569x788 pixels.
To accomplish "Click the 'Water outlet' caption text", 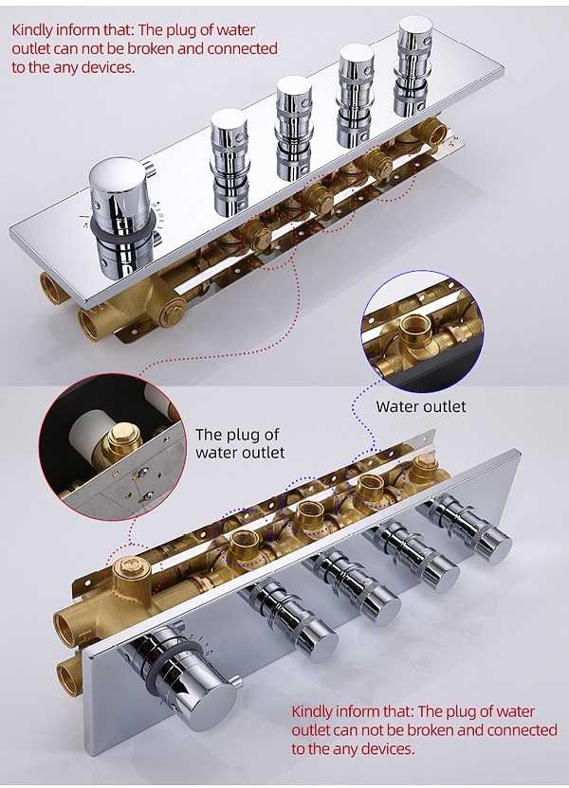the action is pyautogui.click(x=421, y=406).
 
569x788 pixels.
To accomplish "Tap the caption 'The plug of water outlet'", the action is pyautogui.click(x=240, y=442).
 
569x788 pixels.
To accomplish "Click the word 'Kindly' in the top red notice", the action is pyautogui.click(x=31, y=29).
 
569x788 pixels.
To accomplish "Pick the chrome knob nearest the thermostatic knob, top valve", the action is pyautogui.click(x=229, y=160).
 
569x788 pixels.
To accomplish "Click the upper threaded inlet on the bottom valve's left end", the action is pyautogui.click(x=66, y=627).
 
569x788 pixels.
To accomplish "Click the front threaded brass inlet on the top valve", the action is pyautogui.click(x=92, y=321).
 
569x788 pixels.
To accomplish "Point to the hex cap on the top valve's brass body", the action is pyautogui.click(x=173, y=312).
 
